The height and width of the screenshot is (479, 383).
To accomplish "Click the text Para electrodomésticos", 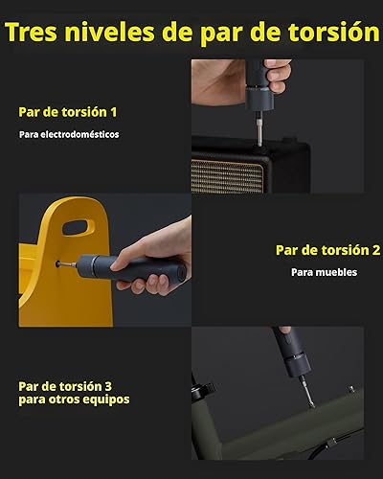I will point(69,134).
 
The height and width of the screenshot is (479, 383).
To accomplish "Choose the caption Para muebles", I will point(324,272).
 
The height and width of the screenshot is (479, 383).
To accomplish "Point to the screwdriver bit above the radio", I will point(258,130).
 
